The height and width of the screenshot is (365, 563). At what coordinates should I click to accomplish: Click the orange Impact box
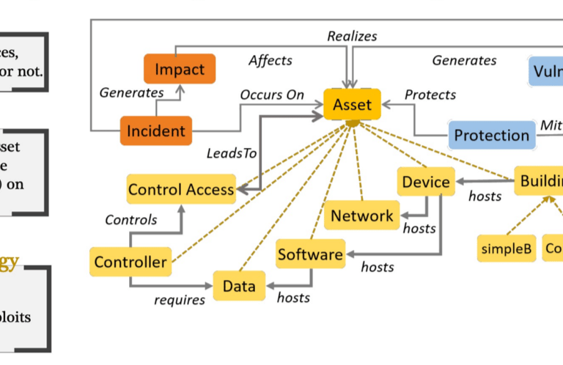(x=179, y=70)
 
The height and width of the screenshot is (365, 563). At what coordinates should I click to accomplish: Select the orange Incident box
(x=155, y=131)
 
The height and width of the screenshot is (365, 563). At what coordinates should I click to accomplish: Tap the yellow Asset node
(x=352, y=105)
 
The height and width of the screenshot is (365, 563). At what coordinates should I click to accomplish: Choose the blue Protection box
(x=490, y=135)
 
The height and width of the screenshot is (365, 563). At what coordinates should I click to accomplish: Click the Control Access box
(x=181, y=189)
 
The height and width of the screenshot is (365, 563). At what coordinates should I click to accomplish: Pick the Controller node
(x=129, y=261)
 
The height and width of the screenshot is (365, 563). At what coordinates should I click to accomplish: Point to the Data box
(x=239, y=285)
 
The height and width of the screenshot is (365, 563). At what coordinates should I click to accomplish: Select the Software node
(x=310, y=254)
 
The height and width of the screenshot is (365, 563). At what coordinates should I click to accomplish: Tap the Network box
(x=361, y=215)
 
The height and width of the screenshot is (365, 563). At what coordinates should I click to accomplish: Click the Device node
(x=425, y=181)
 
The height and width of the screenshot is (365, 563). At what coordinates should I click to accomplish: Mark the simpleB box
(x=506, y=248)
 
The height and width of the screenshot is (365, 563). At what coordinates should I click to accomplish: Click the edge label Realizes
(x=352, y=36)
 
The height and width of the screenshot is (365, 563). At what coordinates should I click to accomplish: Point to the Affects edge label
(x=270, y=60)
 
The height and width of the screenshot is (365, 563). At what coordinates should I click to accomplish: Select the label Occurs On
(x=271, y=95)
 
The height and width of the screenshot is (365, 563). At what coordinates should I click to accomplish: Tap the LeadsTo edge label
(x=232, y=153)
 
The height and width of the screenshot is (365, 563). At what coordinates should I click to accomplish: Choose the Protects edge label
(x=430, y=95)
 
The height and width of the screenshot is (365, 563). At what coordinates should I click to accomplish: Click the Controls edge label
(x=131, y=219)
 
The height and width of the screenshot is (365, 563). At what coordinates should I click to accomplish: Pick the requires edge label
(x=178, y=299)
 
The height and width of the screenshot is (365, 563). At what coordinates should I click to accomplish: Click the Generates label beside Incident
(x=131, y=92)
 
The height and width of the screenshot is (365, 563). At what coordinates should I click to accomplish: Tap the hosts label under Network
(x=419, y=229)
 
